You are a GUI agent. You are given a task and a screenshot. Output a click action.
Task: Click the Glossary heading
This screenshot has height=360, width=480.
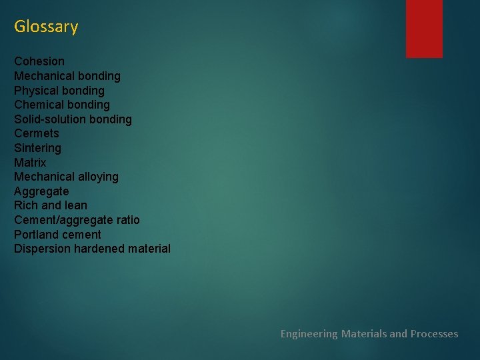coord(46,27)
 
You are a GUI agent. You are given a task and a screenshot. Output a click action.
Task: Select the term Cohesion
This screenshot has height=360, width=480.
coord(39,61)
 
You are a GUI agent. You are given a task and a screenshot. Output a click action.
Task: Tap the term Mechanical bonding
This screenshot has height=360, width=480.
coord(67,76)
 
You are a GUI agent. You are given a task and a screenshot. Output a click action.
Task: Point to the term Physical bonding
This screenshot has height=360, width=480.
coord(59,91)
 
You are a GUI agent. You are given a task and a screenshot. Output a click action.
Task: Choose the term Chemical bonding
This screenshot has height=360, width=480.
coord(62,105)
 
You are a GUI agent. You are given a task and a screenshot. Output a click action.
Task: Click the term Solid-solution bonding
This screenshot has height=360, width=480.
coord(73,119)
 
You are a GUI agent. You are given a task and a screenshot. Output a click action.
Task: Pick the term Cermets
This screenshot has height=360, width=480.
coord(37,133)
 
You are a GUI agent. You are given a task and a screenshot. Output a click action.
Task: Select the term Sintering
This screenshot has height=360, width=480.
coord(37,148)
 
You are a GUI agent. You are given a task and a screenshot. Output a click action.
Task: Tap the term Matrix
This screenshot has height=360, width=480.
coord(30,163)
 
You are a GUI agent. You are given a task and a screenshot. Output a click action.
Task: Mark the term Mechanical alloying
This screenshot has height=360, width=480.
coord(66,177)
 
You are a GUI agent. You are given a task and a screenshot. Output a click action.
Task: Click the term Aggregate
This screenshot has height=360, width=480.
coord(41,191)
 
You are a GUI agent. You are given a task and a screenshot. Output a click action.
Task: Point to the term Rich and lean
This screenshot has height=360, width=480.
coord(51,205)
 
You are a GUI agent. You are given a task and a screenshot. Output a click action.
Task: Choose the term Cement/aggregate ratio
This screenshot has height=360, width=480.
coord(77,220)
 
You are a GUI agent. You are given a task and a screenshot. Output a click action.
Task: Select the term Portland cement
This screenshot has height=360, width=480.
coord(57,235)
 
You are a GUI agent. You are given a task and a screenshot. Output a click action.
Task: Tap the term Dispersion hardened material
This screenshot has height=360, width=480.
coord(92,249)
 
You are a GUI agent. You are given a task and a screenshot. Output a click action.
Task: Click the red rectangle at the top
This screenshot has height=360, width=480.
coord(424,28)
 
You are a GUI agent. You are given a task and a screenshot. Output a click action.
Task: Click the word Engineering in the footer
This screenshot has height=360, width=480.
coord(309,333)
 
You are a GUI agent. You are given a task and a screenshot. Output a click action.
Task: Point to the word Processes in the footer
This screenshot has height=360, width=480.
coord(434,333)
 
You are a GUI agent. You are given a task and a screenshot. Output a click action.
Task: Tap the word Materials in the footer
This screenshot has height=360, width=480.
coord(363,333)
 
